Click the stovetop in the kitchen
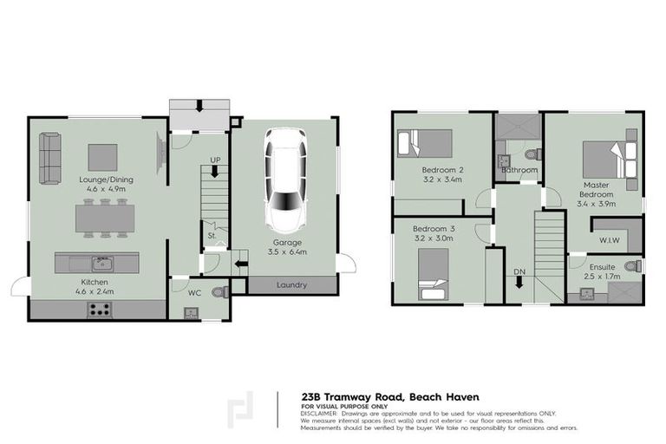click(x=98, y=308)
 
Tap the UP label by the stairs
click(x=216, y=160)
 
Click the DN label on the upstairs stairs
click(x=519, y=272)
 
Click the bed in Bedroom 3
click(x=433, y=273)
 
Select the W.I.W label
click(x=609, y=238)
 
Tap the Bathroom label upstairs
click(x=519, y=170)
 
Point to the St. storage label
click(x=211, y=234)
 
